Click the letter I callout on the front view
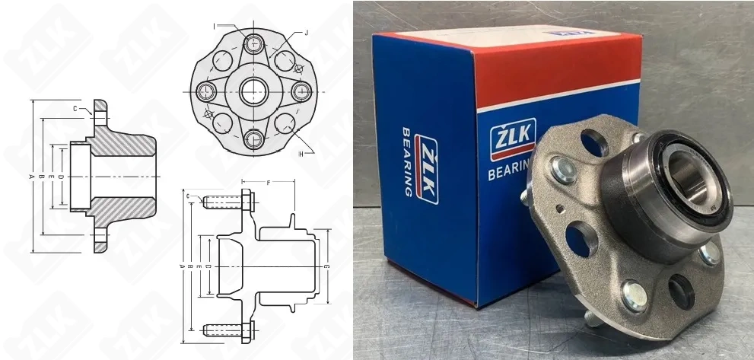(215, 24)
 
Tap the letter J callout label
(305, 33)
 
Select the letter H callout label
(302, 153)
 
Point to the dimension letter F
(269, 183)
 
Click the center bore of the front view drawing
(253, 91)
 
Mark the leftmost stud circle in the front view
(205, 91)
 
